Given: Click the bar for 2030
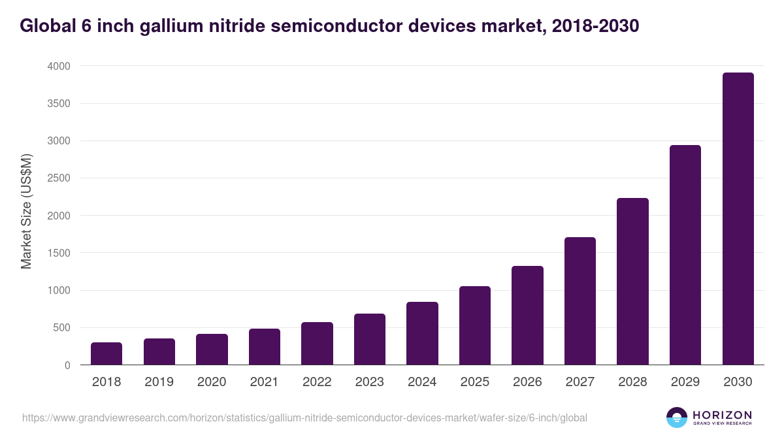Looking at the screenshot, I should pyautogui.click(x=738, y=219).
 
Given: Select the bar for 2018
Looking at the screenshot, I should pyautogui.click(x=106, y=353).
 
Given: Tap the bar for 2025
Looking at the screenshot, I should pyautogui.click(x=474, y=325).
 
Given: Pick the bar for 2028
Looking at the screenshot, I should pyautogui.click(x=632, y=282).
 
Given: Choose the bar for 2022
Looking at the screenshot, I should pyautogui.click(x=317, y=344).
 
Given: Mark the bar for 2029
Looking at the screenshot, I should pyautogui.click(x=685, y=255).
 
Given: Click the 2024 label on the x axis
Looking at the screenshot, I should pyautogui.click(x=422, y=382).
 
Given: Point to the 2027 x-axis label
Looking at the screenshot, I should pyautogui.click(x=580, y=382).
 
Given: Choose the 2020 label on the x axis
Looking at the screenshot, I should pyautogui.click(x=212, y=382).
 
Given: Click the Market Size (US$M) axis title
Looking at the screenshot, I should pyautogui.click(x=27, y=210).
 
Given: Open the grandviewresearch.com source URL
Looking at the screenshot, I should pyautogui.click(x=304, y=417).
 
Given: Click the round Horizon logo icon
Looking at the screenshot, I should pyautogui.click(x=677, y=417).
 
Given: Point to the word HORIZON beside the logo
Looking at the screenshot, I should pyautogui.click(x=722, y=414).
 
